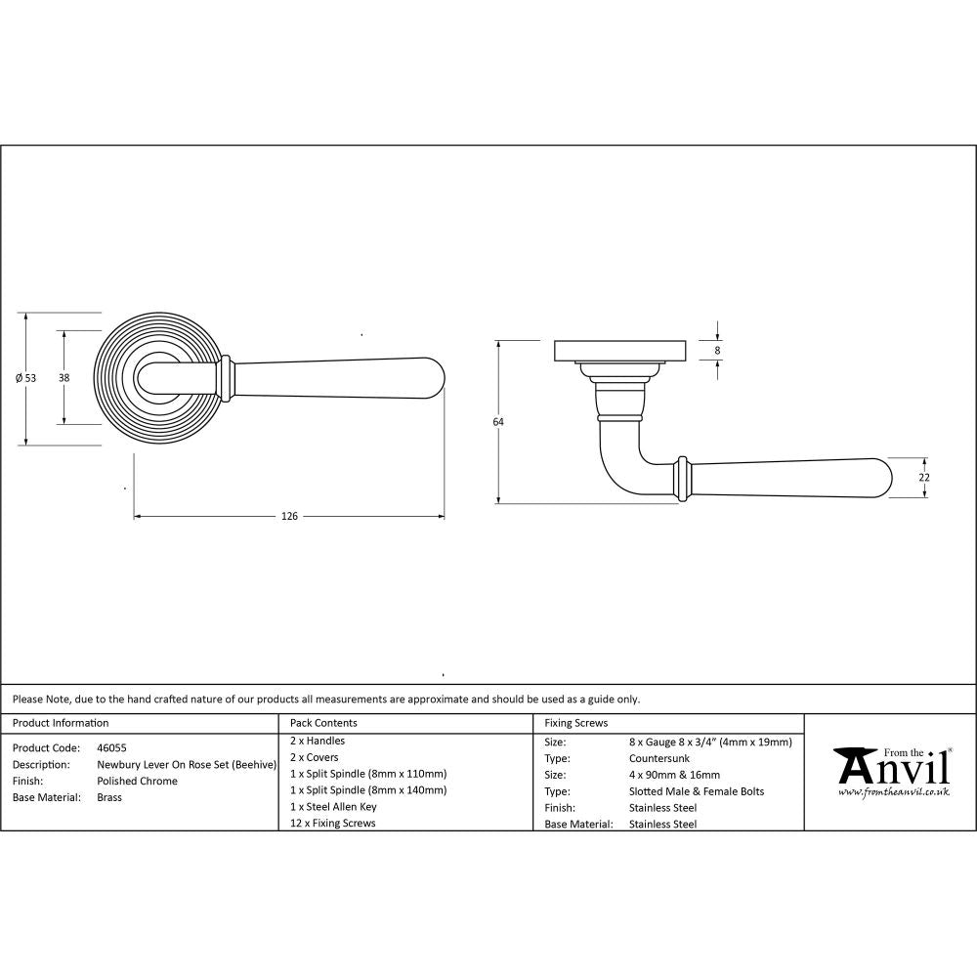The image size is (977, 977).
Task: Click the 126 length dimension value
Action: pyautogui.click(x=288, y=516)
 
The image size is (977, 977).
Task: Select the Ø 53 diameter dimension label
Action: pyautogui.click(x=26, y=378)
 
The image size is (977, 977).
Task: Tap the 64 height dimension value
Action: pyautogui.click(x=498, y=422)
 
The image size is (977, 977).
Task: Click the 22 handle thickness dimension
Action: pyautogui.click(x=924, y=478)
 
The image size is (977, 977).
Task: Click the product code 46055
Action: pyautogui.click(x=112, y=747)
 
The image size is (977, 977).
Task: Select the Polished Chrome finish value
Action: pyautogui.click(x=138, y=781)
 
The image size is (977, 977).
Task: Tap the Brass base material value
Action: pyautogui.click(x=109, y=797)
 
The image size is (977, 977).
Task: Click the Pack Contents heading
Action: pyautogui.click(x=323, y=723)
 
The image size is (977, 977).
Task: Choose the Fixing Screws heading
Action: pyautogui.click(x=575, y=723)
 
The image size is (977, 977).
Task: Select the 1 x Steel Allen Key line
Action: pyautogui.click(x=333, y=807)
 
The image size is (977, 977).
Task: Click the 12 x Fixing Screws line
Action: pyautogui.click(x=332, y=824)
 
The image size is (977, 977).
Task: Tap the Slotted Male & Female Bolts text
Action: pyautogui.click(x=698, y=791)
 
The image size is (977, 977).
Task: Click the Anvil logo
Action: pyautogui.click(x=892, y=767)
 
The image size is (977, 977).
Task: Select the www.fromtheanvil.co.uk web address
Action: pyautogui.click(x=893, y=792)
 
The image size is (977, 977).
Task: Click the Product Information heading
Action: pyautogui.click(x=61, y=723)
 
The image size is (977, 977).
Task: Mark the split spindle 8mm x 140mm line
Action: pyautogui.click(x=368, y=789)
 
